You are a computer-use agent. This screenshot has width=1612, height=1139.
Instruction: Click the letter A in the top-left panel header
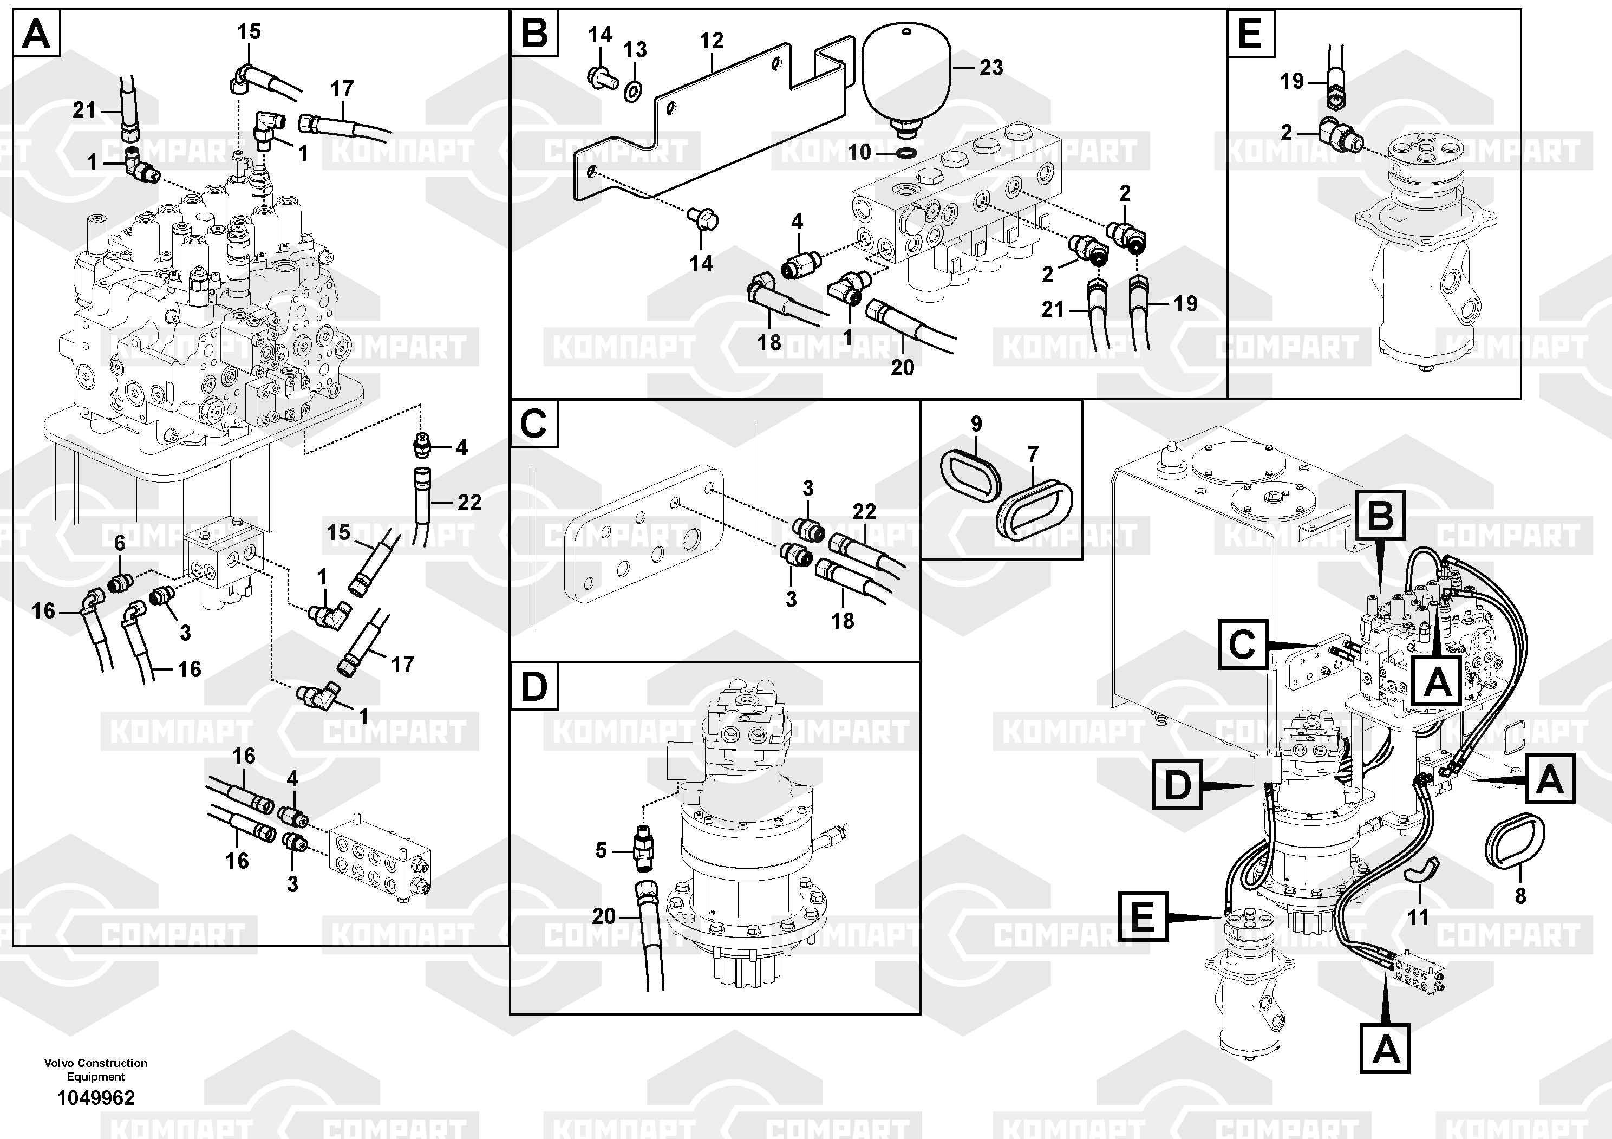pos(36,33)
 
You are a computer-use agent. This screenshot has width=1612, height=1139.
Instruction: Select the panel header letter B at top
pos(535,33)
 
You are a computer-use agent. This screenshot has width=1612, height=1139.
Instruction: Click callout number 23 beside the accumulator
pos(991,68)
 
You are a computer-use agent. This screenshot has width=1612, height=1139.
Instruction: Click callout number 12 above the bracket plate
pos(711,41)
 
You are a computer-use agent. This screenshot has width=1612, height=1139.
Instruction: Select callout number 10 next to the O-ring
pos(859,152)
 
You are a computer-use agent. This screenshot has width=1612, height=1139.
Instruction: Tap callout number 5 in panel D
pos(601,850)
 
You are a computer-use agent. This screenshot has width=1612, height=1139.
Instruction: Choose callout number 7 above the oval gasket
pos(1032,455)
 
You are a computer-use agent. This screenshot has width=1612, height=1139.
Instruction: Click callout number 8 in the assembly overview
pos(1520,896)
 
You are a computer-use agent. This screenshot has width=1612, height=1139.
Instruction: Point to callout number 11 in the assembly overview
pos(1418,916)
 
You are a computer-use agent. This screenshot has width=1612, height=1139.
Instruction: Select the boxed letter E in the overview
pos(1143,916)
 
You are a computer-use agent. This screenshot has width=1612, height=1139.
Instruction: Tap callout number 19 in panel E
pos(1292,81)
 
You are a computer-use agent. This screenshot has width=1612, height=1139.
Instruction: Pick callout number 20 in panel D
pos(604,916)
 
